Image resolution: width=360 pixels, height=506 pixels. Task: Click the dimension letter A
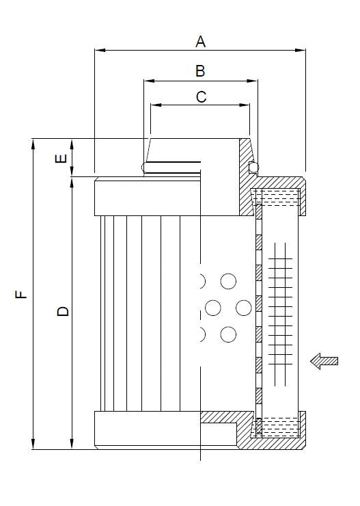pyautogui.click(x=200, y=42)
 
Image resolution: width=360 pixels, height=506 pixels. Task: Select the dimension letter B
pyautogui.click(x=200, y=70)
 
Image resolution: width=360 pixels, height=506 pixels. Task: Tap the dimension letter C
pyautogui.click(x=201, y=97)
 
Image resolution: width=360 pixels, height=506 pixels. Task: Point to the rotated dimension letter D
pyautogui.click(x=63, y=311)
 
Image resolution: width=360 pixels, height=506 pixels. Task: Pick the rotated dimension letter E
pyautogui.click(x=61, y=159)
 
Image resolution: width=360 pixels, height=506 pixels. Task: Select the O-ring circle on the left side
pyautogui.click(x=146, y=167)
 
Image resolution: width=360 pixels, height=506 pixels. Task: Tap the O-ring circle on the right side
pyautogui.click(x=253, y=167)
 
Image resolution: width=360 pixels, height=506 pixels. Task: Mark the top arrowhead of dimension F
pyautogui.click(x=32, y=142)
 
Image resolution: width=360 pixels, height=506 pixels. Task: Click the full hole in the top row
pyautogui.click(x=228, y=281)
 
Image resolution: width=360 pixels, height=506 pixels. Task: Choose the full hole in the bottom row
pyautogui.click(x=228, y=334)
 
